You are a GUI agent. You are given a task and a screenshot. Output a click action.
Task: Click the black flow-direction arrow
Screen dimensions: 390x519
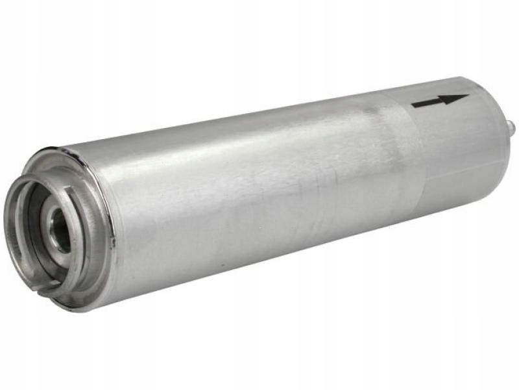tap(439, 101)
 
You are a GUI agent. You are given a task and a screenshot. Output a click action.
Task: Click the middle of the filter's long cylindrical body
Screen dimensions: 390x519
tap(259, 195)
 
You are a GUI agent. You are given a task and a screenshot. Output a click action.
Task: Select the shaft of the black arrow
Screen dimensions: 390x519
tap(431, 102)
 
